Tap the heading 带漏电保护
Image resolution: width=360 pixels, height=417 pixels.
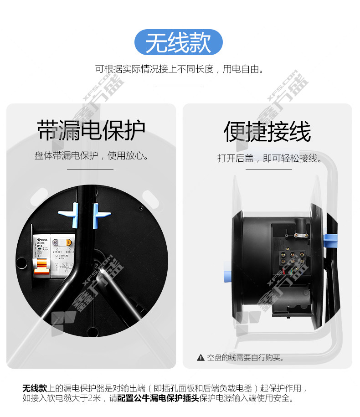91,130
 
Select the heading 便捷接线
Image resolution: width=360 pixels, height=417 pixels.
267,132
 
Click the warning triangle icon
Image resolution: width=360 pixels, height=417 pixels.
200,358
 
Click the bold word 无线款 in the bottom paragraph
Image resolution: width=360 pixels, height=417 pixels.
35,388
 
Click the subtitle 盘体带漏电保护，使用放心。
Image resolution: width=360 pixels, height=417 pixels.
92,156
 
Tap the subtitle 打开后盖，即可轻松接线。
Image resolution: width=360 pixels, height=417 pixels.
269,158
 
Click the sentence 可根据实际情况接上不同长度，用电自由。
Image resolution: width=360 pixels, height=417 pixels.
180,69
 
